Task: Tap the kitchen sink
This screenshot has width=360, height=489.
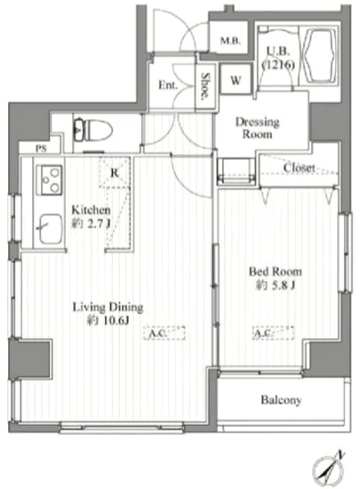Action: (51, 228)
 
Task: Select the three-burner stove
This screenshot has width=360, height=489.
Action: (49, 180)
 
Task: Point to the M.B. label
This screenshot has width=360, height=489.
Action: (230, 40)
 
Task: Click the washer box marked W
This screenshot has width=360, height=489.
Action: (236, 79)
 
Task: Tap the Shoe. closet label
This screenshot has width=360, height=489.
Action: (205, 87)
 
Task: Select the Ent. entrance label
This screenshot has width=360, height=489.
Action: (168, 84)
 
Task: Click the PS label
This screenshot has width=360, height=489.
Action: (41, 148)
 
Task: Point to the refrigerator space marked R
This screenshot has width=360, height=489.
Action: (115, 172)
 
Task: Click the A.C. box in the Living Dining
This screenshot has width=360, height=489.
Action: (164, 333)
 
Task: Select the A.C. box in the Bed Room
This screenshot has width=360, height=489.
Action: (274, 333)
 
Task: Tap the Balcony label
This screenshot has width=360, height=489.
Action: (281, 400)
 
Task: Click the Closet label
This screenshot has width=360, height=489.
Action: (299, 168)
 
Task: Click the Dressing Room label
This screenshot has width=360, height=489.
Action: (257, 128)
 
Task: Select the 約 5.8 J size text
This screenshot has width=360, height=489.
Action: (276, 285)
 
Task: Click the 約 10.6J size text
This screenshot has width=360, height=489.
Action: (108, 321)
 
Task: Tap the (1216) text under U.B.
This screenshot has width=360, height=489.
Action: (278, 65)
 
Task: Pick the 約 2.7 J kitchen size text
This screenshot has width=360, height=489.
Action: (91, 223)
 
